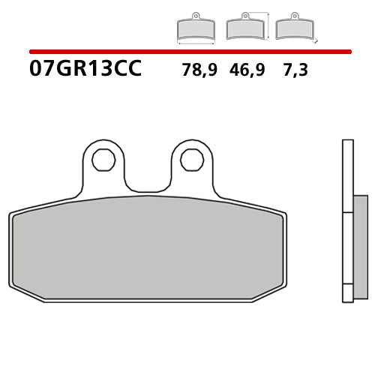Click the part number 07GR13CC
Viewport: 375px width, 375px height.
(84, 70)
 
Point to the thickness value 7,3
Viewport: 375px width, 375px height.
(296, 71)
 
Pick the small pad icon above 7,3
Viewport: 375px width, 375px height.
(293, 29)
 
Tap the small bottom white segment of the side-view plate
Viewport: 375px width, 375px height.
(347, 294)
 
